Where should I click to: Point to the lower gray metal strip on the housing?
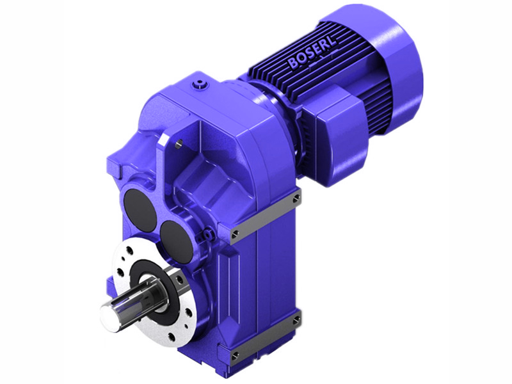pyautogui.click(x=266, y=336)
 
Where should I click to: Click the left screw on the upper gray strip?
pyautogui.click(x=236, y=232)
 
